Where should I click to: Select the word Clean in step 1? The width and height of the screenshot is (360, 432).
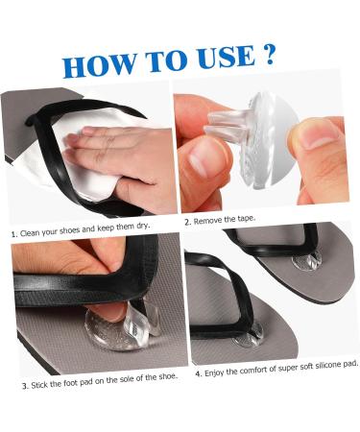point(28,232)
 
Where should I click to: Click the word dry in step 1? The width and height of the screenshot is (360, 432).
point(142,226)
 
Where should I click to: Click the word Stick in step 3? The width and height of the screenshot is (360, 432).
point(38,385)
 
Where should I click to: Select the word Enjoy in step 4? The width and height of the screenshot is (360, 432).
point(214,372)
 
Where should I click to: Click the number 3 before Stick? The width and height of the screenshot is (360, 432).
point(25,386)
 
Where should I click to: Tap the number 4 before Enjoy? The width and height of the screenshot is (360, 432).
point(199,373)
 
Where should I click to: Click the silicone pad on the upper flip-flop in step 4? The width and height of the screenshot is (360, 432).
point(307,261)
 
